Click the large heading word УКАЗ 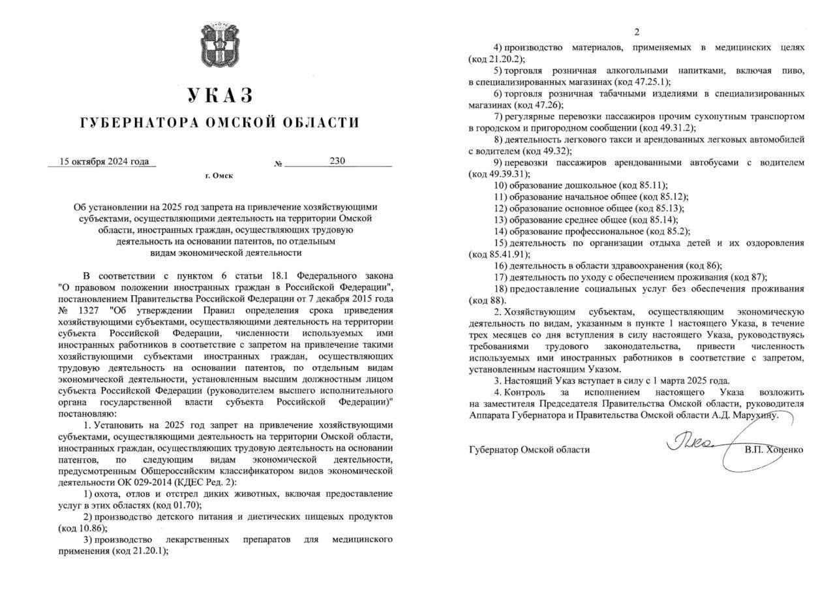pyautogui.click(x=219, y=95)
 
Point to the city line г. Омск pyautogui.click(x=219, y=176)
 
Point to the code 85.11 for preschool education pyautogui.click(x=647, y=185)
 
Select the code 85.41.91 pyautogui.click(x=507, y=254)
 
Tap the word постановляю pyautogui.click(x=86, y=414)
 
